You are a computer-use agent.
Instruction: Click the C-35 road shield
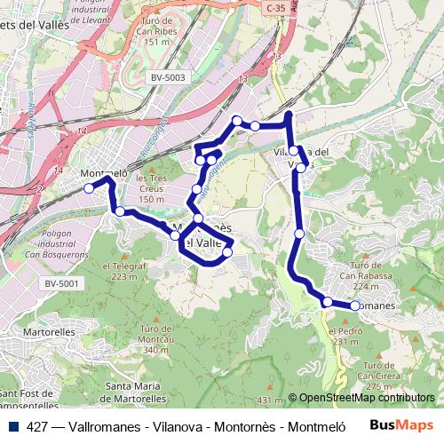[x=276, y=6]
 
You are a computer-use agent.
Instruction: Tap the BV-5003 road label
[x=168, y=77]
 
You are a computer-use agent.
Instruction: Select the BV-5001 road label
[x=62, y=283]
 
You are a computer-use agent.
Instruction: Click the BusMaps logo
[x=401, y=425]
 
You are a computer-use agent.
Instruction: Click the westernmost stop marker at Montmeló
[x=89, y=188]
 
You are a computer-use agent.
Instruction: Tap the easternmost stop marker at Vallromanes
[x=355, y=305]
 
